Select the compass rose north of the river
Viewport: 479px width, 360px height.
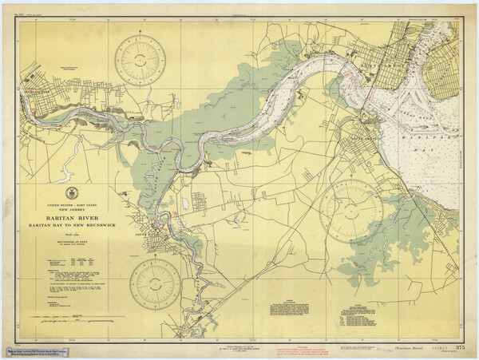click(140, 61)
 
